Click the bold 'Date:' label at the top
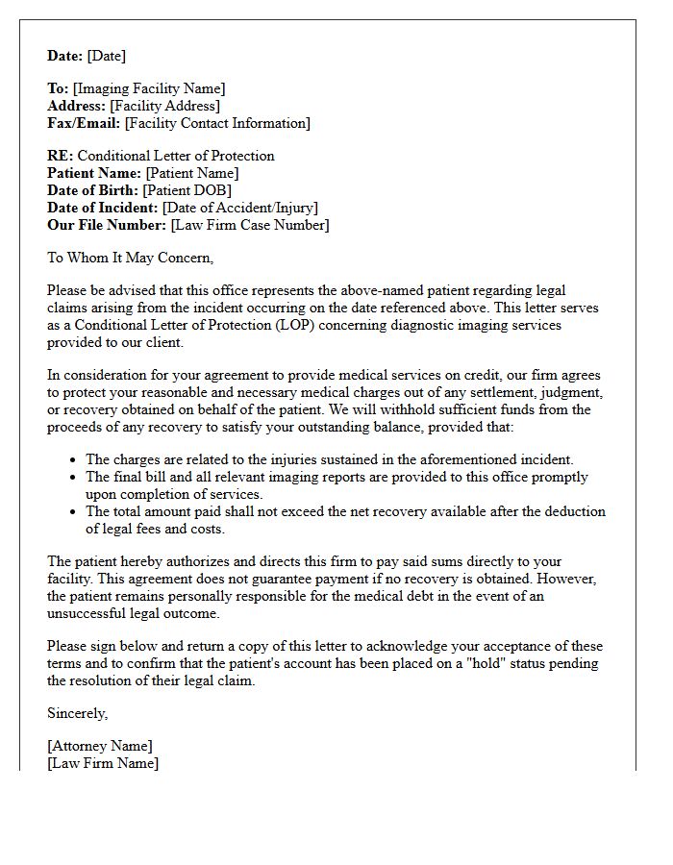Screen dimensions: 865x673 click(65, 56)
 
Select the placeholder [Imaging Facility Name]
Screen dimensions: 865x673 click(149, 88)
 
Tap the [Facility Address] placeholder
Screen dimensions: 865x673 click(165, 106)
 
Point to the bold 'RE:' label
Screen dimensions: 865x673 click(61, 156)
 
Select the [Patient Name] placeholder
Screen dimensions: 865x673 click(192, 173)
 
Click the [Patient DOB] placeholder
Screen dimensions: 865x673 click(187, 190)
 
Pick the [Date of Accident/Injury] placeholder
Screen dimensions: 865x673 click(240, 208)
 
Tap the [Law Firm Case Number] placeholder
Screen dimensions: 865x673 click(250, 225)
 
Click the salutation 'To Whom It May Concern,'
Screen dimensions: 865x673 click(131, 258)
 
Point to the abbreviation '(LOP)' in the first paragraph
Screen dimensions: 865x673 click(275, 325)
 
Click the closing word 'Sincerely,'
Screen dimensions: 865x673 click(78, 713)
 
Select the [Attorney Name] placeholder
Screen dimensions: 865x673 click(100, 746)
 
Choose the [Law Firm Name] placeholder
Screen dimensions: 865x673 click(103, 763)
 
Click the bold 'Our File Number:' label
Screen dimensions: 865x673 click(107, 225)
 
